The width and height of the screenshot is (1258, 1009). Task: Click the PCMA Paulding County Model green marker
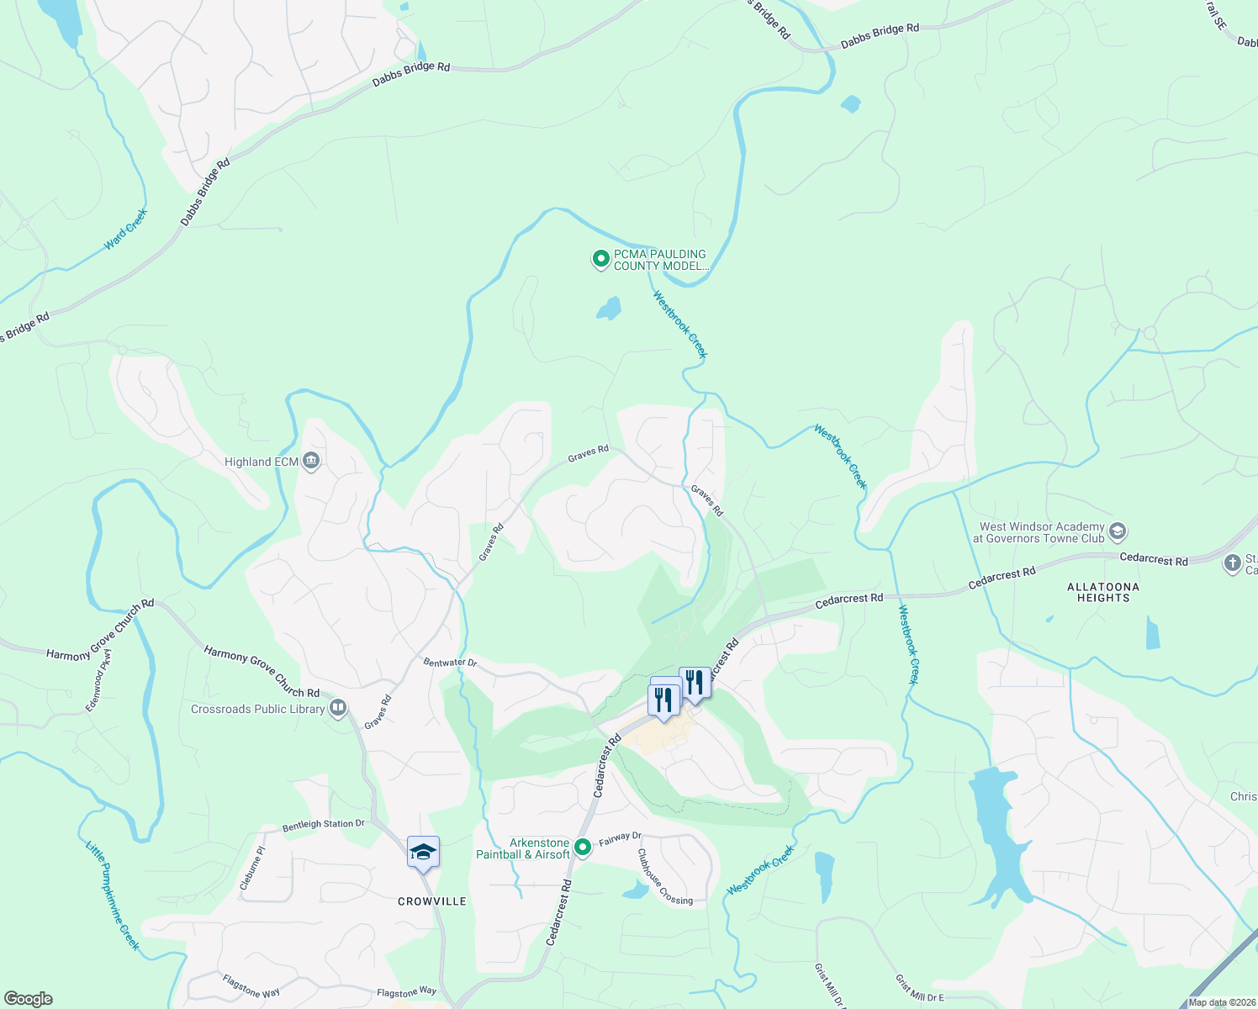[x=600, y=259]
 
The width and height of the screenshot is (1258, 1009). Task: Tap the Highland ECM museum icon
[x=311, y=462]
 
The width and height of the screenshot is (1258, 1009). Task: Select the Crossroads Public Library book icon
[x=338, y=709]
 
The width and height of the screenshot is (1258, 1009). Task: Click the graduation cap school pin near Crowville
[x=423, y=853]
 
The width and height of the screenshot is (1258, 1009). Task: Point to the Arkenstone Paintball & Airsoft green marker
[x=583, y=848]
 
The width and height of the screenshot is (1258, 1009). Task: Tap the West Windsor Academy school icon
[x=1118, y=531]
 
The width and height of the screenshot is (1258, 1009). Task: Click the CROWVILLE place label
[x=432, y=901]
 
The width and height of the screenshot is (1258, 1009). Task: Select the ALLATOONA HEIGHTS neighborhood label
[x=1103, y=592]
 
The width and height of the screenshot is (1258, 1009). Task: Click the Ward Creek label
[x=126, y=229]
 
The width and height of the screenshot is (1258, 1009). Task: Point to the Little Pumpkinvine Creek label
[x=113, y=895]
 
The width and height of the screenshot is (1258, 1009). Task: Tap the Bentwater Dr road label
[x=450, y=663]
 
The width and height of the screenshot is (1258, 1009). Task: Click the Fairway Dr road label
[x=620, y=838]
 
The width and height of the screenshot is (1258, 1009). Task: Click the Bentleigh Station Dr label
[x=324, y=825]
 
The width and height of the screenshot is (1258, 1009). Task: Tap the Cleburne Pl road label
[x=251, y=869]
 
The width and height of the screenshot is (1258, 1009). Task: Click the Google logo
[x=29, y=999]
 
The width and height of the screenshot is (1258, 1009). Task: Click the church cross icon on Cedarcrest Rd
[x=1233, y=563]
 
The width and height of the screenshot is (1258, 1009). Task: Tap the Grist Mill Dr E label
[x=919, y=989]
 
